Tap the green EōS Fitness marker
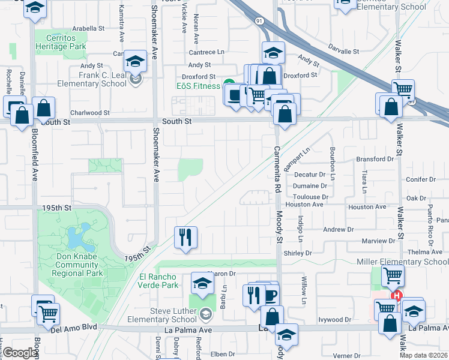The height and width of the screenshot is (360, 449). tap(228, 83)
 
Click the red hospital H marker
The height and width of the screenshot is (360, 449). tap(396, 296)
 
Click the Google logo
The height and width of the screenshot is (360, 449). tap(20, 353)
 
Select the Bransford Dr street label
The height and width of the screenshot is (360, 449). tap(378, 159)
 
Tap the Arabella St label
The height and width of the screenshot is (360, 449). tap(88, 28)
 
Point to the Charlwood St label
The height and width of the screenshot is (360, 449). tap(90, 112)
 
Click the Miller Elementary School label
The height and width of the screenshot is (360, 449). tap(402, 262)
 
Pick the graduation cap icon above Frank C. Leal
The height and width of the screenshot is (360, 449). tap(136, 62)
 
